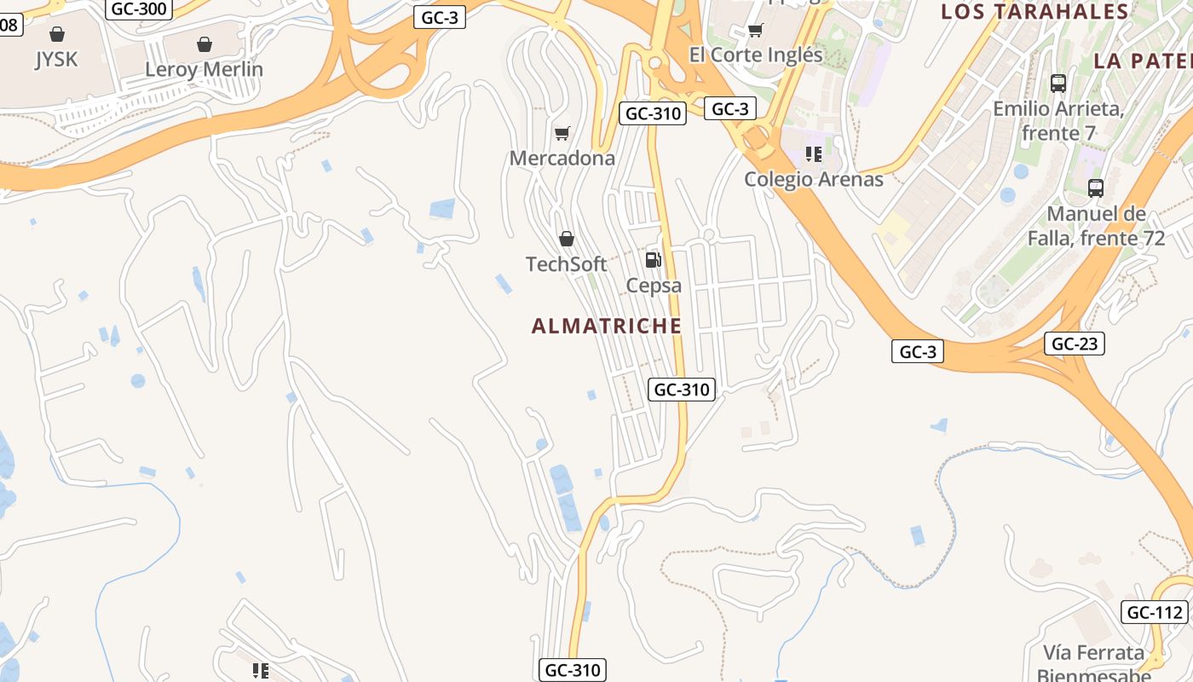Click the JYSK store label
(x=56, y=60)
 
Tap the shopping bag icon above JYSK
(x=56, y=34)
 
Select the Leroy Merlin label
(x=204, y=70)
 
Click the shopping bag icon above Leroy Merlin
(x=204, y=43)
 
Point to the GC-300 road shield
(x=140, y=9)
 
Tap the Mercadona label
(x=562, y=159)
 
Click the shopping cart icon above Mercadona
(x=562, y=133)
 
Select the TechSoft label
(x=567, y=264)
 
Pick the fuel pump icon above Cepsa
(x=653, y=260)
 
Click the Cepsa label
(x=654, y=286)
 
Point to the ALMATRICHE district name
(x=606, y=326)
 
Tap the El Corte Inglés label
(x=756, y=55)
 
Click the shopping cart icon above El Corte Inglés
(x=755, y=31)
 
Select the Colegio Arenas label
(x=814, y=180)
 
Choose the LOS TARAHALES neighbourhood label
(x=1035, y=12)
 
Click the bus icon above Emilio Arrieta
(x=1058, y=84)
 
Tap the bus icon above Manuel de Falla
(x=1096, y=188)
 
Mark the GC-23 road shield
(x=1074, y=344)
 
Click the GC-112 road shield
(x=1155, y=612)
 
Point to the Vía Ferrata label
(x=1094, y=654)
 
